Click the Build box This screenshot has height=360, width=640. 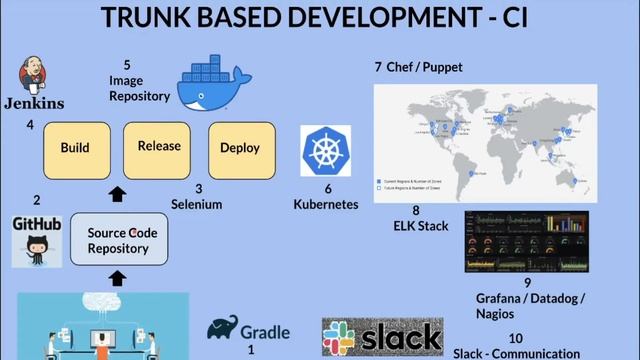click(75, 148)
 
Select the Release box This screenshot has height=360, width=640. click(159, 146)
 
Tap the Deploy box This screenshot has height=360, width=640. click(240, 148)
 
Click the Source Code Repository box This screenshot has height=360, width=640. click(118, 240)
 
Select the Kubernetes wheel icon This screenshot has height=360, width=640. click(325, 153)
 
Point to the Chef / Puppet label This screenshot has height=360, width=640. click(418, 68)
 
